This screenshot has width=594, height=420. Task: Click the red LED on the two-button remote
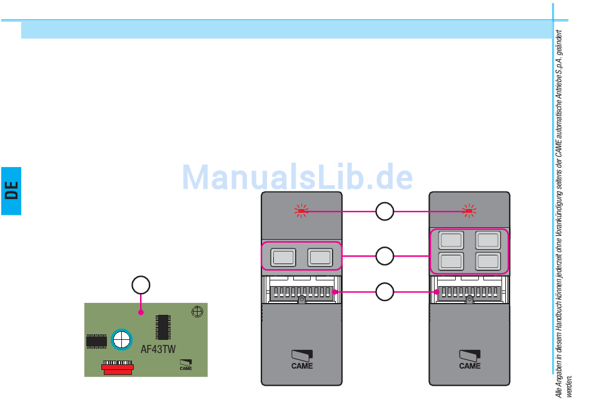click(x=301, y=211)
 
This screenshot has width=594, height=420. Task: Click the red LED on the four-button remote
click(x=470, y=211)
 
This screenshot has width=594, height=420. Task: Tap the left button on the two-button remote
click(x=283, y=257)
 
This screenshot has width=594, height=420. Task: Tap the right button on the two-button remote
click(x=320, y=257)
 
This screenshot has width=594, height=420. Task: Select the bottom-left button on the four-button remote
click(x=451, y=261)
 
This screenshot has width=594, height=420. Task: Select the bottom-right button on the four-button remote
click(x=488, y=261)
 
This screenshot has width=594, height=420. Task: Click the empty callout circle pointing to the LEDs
click(x=385, y=211)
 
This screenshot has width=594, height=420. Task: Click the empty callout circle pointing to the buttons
click(x=385, y=255)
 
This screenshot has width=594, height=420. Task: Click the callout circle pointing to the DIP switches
click(x=385, y=291)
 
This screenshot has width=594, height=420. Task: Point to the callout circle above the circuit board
click(x=141, y=285)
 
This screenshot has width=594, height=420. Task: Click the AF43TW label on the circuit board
click(x=158, y=349)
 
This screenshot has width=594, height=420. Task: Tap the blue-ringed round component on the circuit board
click(x=121, y=340)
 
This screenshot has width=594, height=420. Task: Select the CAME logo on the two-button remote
click(x=302, y=359)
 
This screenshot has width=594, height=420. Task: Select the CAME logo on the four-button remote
click(x=470, y=359)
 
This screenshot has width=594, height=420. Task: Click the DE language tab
click(x=11, y=190)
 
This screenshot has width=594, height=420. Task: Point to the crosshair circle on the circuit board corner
click(x=197, y=311)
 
